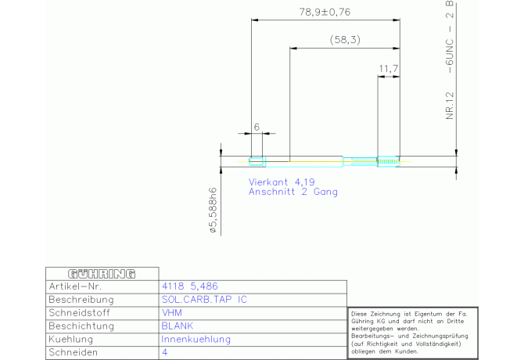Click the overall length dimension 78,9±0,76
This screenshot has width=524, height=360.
pos(325,12)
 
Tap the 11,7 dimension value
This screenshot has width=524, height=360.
pos(389,70)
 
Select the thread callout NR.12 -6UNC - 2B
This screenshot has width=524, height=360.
pos(450,59)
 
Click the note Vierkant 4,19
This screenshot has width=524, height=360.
pos(282,182)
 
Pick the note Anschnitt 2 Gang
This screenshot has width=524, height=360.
pos(293,192)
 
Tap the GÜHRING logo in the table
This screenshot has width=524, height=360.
pos(102,274)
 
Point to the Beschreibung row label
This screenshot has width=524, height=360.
pos(81,300)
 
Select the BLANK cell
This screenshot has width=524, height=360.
pos(176,326)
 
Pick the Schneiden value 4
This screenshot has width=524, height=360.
pos(165,353)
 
